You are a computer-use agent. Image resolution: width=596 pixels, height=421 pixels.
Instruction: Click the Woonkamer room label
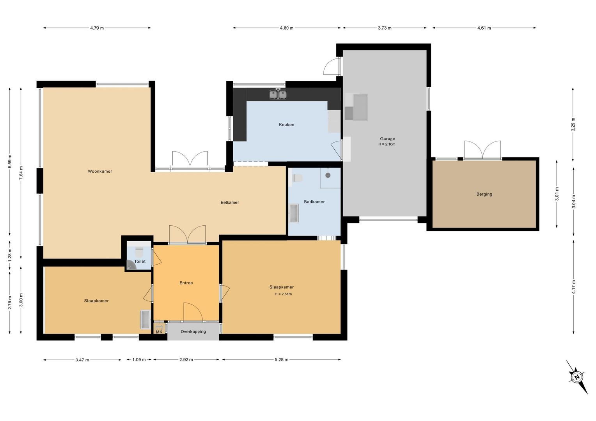100,171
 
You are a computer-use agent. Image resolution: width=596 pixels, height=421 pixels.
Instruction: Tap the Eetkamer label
230,202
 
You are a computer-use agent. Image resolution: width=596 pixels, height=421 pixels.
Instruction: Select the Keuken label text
286,125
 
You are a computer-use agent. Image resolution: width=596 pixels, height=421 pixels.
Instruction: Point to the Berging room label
484,194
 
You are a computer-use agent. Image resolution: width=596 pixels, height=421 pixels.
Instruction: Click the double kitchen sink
278,94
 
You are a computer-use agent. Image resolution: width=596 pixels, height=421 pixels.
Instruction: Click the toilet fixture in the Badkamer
298,178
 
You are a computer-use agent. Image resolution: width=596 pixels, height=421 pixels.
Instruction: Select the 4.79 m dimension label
97,28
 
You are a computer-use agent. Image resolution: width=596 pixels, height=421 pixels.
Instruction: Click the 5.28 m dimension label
281,359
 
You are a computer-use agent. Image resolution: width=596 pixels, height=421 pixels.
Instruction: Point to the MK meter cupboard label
159,332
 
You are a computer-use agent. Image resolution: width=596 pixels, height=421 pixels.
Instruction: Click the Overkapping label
193,332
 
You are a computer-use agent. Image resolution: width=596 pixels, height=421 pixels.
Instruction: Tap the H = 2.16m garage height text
387,144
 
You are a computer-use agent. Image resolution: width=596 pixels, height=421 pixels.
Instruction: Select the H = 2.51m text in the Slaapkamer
283,294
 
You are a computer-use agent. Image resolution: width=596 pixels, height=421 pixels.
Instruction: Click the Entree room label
186,283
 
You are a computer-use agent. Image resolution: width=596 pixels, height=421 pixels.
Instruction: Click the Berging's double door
482,150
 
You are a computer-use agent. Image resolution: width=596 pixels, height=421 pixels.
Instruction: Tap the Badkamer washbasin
294,214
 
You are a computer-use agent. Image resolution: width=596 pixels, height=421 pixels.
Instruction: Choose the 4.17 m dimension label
573,287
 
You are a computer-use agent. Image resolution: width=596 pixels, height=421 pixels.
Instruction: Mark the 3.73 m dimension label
384,28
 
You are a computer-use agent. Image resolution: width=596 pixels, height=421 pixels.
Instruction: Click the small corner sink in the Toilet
131,266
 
